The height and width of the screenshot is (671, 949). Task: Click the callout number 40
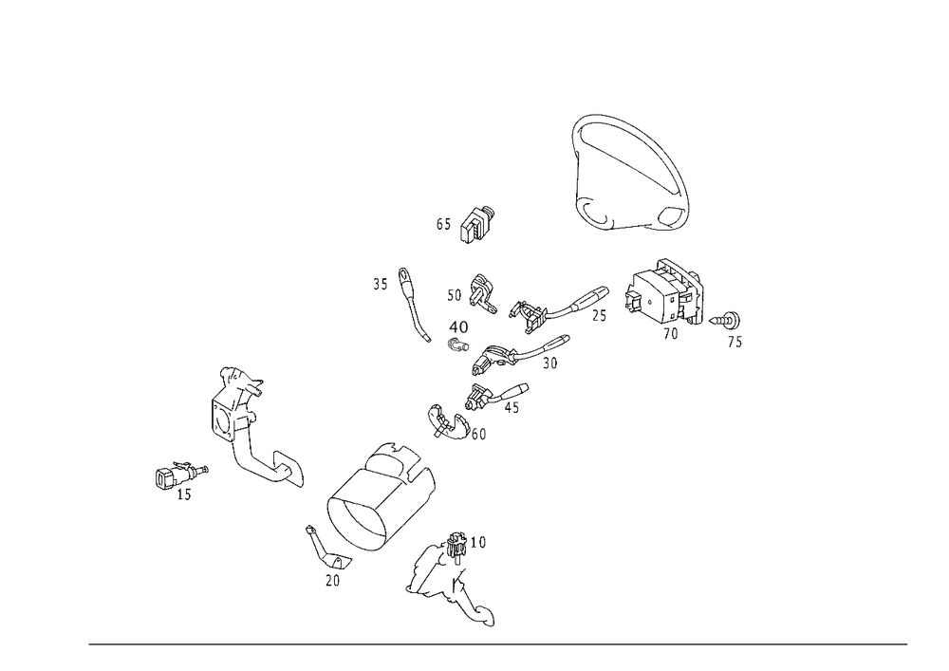coord(458,326)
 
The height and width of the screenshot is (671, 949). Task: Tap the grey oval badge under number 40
coord(458,344)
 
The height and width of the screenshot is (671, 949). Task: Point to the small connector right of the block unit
coord(729,323)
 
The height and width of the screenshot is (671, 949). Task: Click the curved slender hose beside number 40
coord(414,306)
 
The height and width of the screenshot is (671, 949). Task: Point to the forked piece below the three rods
coord(450,422)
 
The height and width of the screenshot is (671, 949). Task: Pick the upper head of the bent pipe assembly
coord(237,384)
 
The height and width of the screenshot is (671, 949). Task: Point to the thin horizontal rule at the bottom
coord(498,645)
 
